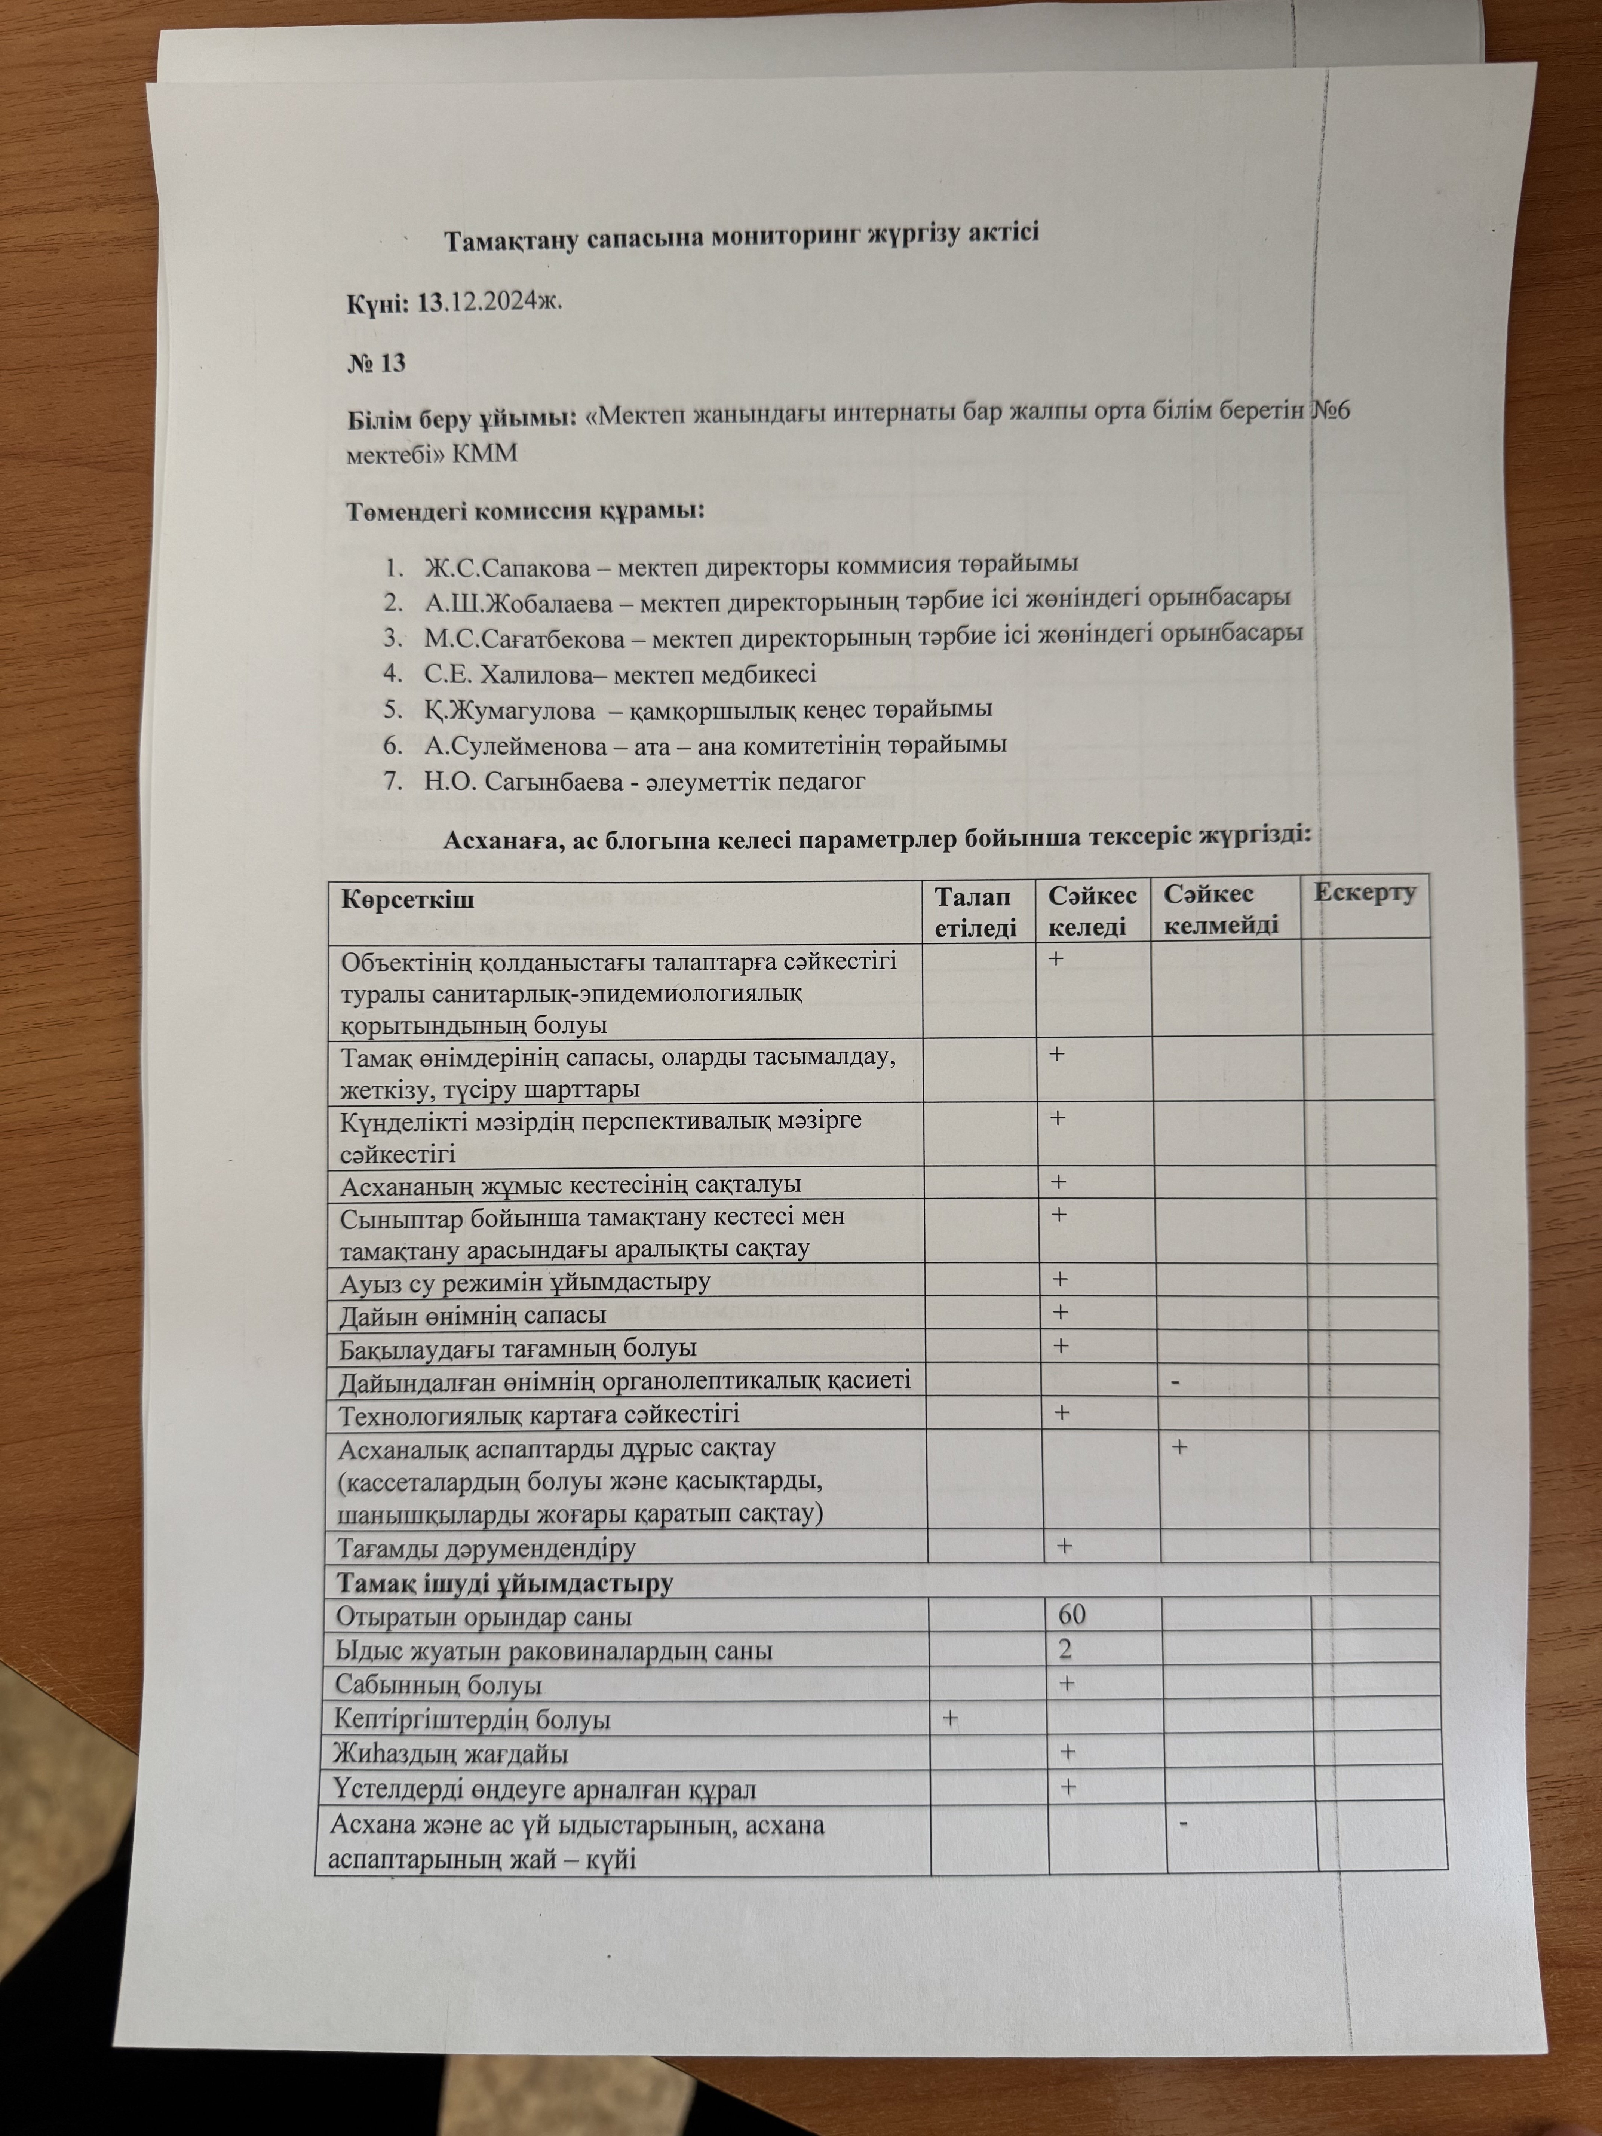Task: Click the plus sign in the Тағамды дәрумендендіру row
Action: (x=1064, y=1546)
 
